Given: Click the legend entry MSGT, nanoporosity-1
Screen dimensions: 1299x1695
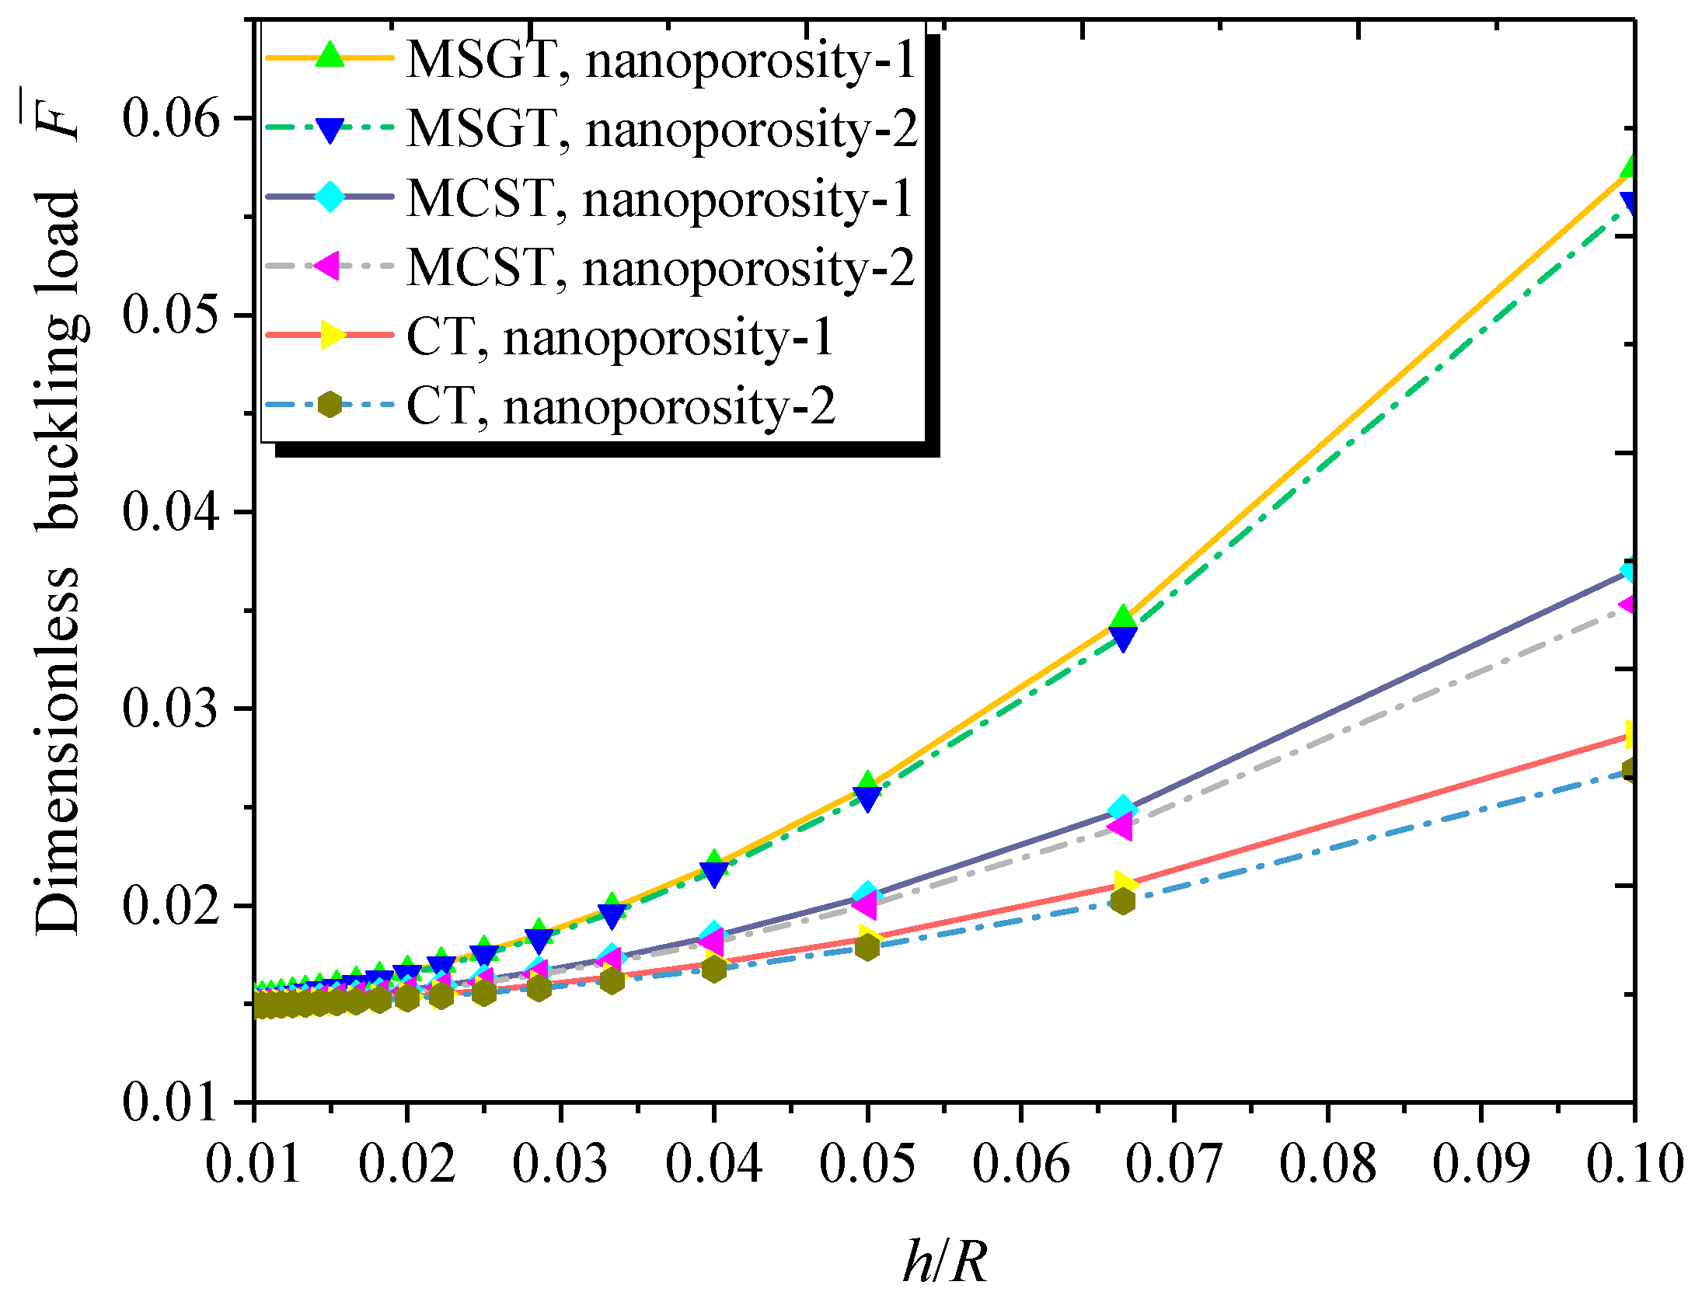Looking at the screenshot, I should [x=661, y=59].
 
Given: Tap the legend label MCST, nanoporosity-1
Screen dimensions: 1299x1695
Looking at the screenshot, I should [x=659, y=198].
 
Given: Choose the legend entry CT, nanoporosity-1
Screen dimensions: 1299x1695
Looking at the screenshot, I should [x=619, y=337].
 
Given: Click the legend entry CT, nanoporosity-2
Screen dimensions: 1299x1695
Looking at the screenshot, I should [x=620, y=406].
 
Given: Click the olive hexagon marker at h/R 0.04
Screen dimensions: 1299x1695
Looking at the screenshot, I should [x=713, y=969].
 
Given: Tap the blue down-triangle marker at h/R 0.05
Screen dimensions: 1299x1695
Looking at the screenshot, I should [x=867, y=799].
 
